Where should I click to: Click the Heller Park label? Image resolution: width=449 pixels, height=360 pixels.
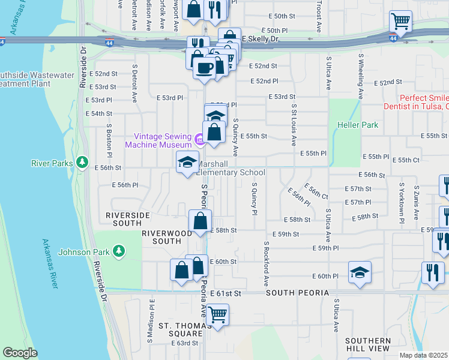(x=362, y=125)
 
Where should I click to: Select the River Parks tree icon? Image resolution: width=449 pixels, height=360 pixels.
(x=80, y=163)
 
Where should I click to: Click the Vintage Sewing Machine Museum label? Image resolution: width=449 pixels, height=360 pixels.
(x=158, y=140)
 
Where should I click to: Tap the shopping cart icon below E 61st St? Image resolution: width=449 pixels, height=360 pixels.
(x=217, y=314)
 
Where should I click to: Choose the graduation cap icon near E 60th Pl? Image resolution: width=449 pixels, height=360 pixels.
(x=360, y=272)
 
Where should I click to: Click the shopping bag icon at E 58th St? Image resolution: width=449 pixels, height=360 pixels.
(x=200, y=221)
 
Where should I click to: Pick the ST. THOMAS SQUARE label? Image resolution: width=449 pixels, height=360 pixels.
(x=181, y=329)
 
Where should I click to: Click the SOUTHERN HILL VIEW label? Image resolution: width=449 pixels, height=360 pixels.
(x=368, y=344)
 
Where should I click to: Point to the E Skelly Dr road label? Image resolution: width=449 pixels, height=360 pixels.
(x=261, y=38)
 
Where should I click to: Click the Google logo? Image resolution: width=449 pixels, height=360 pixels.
(x=20, y=352)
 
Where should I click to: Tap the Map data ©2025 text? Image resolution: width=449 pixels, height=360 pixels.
(x=424, y=355)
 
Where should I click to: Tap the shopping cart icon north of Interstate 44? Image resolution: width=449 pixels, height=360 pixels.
(x=400, y=22)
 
